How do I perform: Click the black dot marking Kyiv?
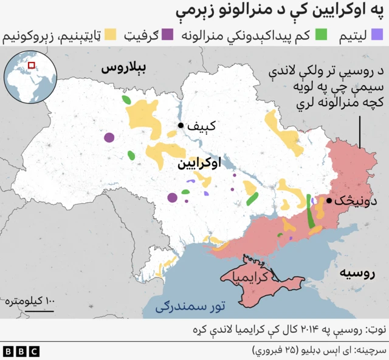point(181,126)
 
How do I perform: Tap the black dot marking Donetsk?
point(329,201)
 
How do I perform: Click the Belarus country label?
point(125,68)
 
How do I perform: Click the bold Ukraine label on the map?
point(199,164)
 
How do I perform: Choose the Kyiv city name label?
point(201,127)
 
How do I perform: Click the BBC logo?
point(21,351)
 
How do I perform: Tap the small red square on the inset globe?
point(32,65)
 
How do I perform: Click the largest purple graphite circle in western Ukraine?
point(109,138)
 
